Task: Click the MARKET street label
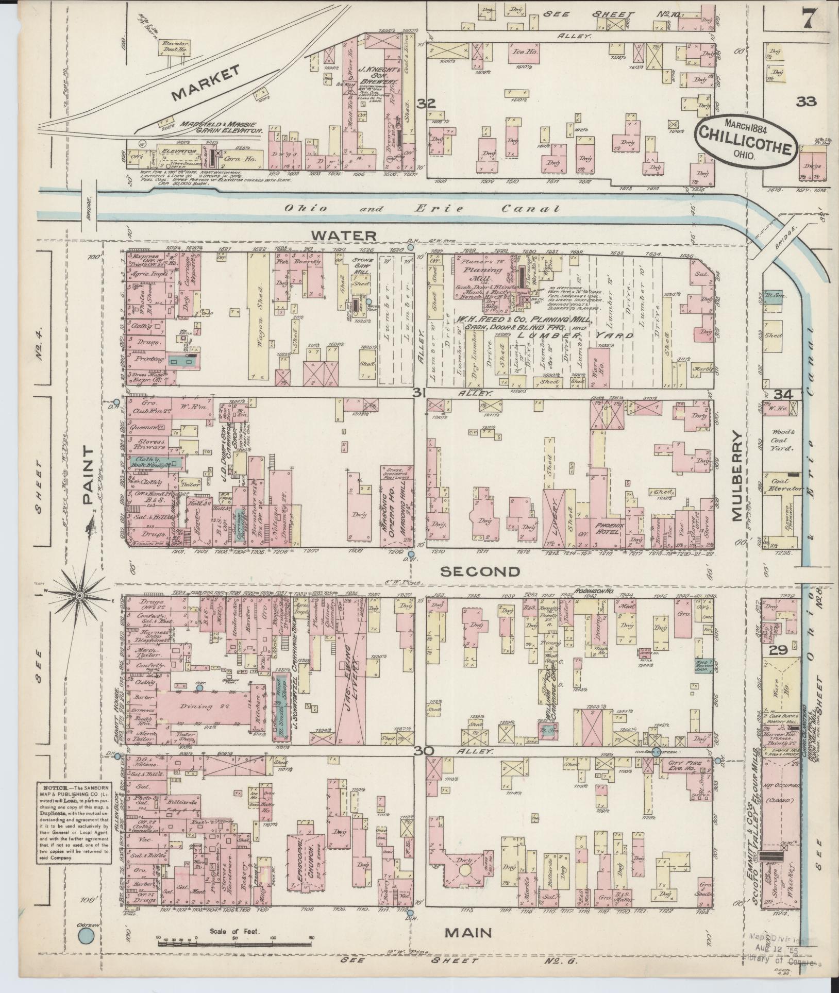(206, 82)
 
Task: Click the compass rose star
(80, 596)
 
